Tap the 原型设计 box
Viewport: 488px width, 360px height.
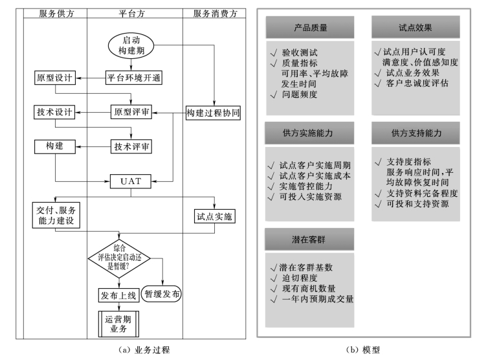pyautogui.click(x=55, y=78)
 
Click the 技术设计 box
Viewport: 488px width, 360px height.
pyautogui.click(x=55, y=112)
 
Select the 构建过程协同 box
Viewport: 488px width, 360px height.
pyautogui.click(x=214, y=112)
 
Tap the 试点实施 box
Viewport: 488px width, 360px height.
pyautogui.click(x=214, y=217)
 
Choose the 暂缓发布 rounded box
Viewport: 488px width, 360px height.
pyautogui.click(x=161, y=293)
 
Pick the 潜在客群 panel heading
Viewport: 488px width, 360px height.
pyautogui.click(x=310, y=240)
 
